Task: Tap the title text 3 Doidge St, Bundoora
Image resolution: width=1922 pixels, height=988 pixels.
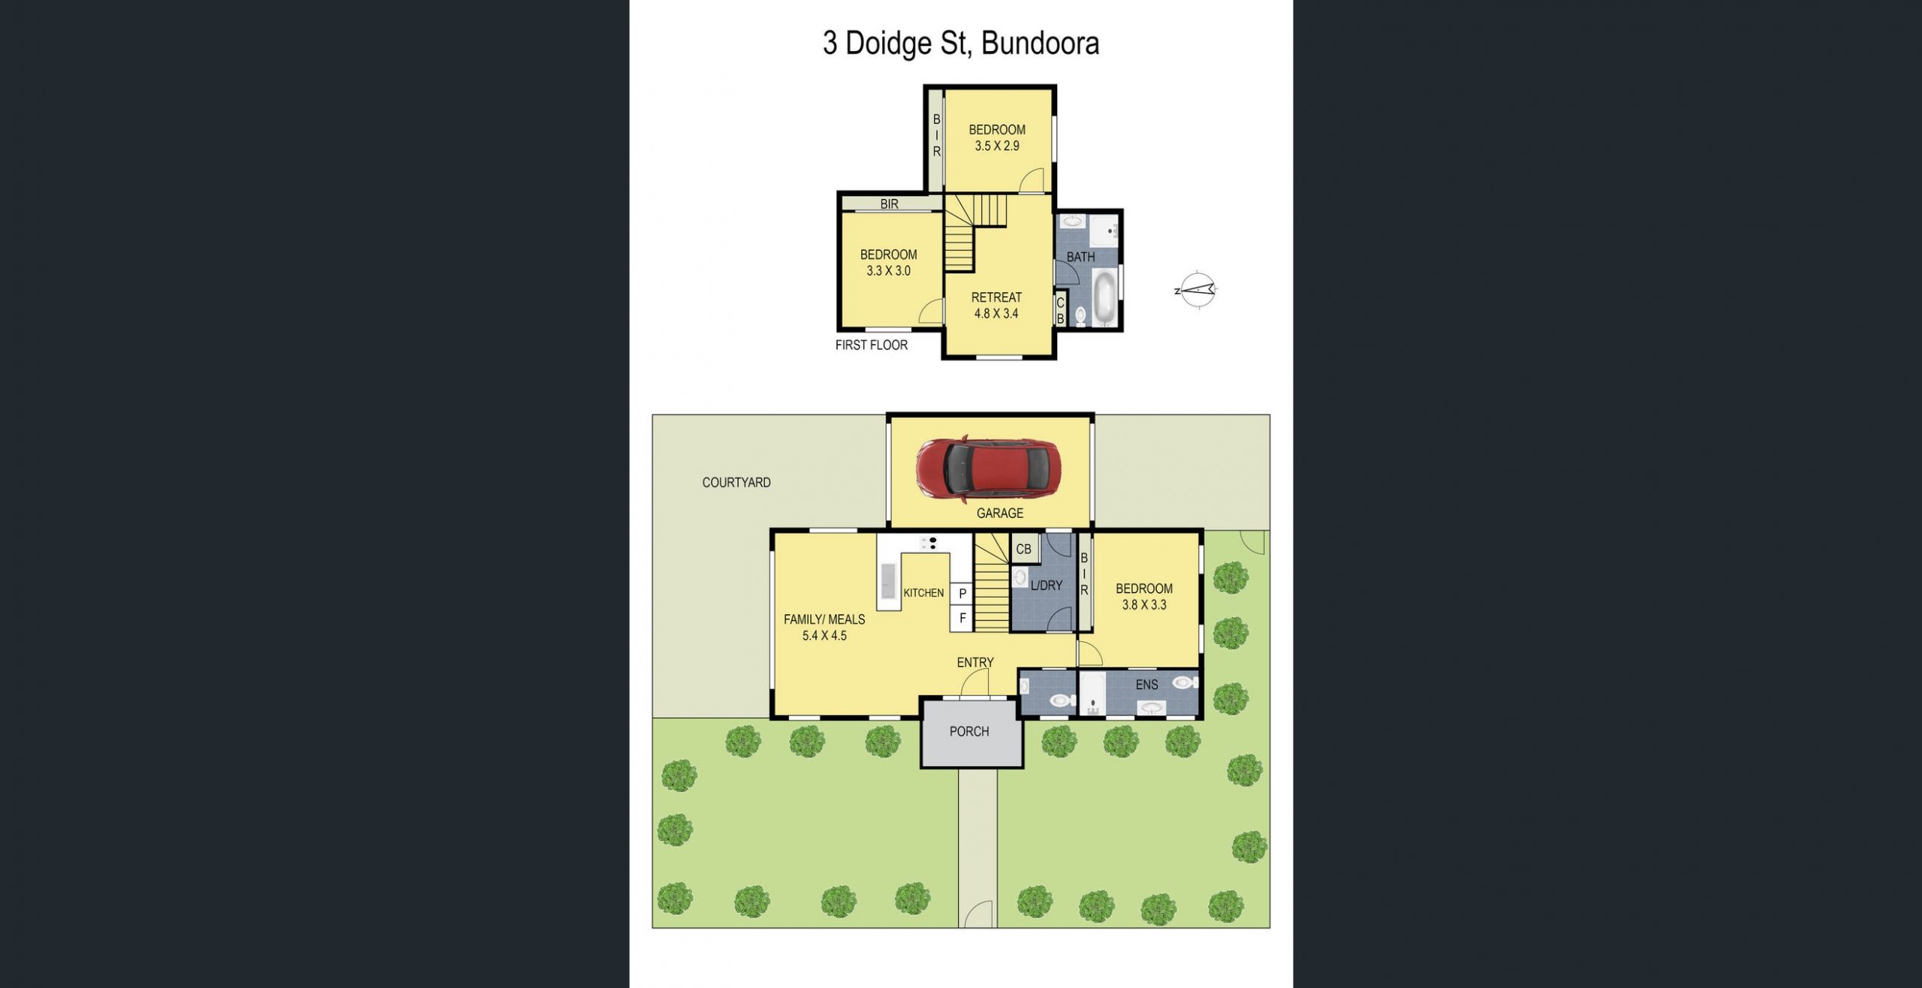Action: (x=961, y=44)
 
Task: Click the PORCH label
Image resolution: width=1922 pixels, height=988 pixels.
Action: (x=969, y=731)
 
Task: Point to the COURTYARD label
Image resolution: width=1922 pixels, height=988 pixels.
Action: (x=737, y=483)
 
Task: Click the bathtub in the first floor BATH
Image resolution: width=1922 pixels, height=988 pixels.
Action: (x=1104, y=298)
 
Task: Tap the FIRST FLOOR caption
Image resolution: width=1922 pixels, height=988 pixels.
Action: (x=872, y=345)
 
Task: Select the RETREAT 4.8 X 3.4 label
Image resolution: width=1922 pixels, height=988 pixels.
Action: (x=996, y=306)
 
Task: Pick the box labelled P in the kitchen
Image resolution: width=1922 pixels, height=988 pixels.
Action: (x=963, y=594)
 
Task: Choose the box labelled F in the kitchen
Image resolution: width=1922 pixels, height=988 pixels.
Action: (x=963, y=619)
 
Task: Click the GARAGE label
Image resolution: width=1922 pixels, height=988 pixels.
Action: (x=1000, y=514)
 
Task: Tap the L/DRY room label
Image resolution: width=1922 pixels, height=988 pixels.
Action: (x=1047, y=586)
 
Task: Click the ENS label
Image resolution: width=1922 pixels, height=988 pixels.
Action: (x=1146, y=685)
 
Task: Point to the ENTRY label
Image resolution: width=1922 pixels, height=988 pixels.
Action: (x=975, y=662)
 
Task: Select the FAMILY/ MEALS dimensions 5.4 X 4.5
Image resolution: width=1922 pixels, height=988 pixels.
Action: (x=824, y=636)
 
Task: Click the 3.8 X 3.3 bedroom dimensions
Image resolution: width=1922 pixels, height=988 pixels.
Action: (x=1144, y=605)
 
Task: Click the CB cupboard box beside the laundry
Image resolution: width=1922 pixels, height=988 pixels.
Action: (x=1024, y=549)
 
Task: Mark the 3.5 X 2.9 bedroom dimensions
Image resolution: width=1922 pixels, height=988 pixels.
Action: (x=997, y=146)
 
